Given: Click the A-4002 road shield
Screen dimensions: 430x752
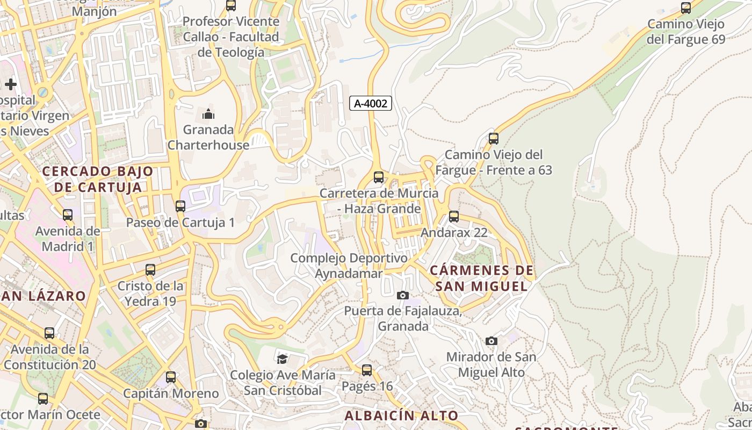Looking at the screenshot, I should tap(371, 103).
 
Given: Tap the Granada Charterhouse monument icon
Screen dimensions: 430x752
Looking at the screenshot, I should tap(208, 114).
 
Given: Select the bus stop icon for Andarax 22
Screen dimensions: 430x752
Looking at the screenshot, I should tap(454, 217).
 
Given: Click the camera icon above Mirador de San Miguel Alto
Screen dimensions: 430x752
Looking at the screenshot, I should tap(491, 341).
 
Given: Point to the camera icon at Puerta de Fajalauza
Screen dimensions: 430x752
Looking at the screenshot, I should tap(402, 295).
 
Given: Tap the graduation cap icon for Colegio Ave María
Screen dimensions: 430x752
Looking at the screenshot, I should tap(282, 359).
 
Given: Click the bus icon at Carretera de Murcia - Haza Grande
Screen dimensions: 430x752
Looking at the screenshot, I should tap(379, 177).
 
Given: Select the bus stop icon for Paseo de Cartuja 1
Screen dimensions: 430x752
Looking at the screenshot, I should tap(180, 206).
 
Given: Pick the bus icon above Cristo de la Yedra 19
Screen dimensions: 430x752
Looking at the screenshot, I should tap(150, 269).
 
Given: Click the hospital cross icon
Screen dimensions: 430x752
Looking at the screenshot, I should tap(11, 84).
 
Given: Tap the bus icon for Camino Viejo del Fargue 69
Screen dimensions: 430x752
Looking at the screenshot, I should tap(686, 8).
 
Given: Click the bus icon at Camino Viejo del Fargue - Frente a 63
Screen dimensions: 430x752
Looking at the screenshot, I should tap(494, 139).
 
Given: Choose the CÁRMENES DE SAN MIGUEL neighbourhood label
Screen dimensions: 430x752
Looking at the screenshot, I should tap(482, 278).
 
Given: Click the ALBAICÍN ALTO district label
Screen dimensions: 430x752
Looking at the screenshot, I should tap(401, 415).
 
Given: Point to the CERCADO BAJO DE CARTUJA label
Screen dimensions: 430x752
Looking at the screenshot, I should tap(98, 180).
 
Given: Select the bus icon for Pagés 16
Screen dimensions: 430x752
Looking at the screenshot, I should tap(367, 370).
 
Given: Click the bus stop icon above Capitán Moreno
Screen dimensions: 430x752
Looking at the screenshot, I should tap(171, 377).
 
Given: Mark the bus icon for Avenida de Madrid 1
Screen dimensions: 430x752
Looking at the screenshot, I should tap(68, 215).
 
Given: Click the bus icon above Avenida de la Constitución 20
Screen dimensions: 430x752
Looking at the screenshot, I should tap(49, 333).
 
